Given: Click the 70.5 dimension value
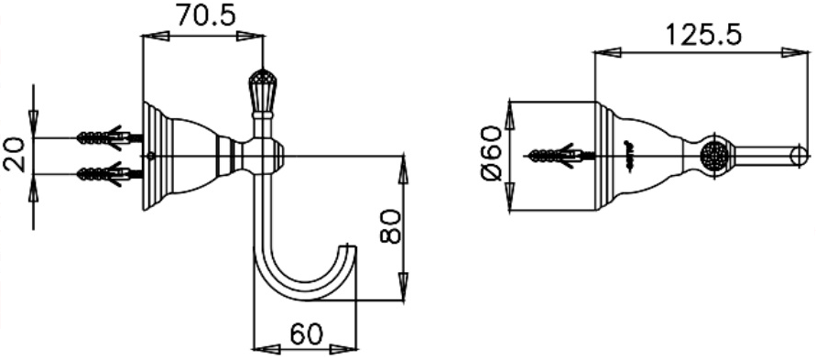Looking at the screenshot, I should point(203,16).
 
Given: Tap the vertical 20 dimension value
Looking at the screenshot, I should point(14,155).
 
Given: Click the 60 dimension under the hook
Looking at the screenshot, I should point(305,333).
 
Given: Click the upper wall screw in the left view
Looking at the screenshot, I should point(103,137).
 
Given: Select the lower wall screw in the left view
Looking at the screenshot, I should point(103,172).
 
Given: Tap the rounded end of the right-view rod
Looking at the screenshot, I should point(800,155).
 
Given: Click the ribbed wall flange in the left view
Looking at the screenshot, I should point(153,156).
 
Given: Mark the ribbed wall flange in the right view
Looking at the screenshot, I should point(604,156).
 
